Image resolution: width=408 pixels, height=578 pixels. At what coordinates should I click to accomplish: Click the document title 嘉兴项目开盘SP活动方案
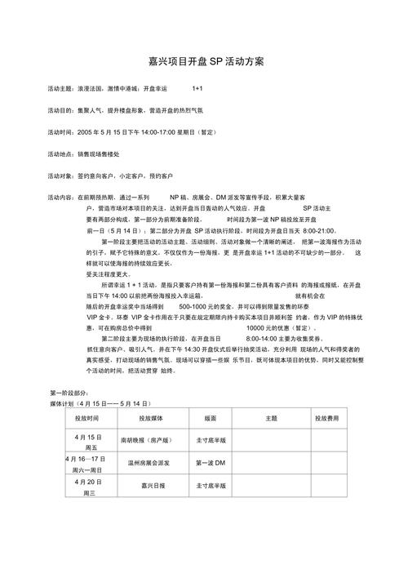pos(205,61)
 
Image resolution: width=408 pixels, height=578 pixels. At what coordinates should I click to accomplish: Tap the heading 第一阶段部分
pos(71,393)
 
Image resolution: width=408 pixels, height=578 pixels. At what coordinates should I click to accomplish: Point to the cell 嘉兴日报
pos(153,486)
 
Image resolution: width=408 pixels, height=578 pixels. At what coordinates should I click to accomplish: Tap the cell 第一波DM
pos(211,463)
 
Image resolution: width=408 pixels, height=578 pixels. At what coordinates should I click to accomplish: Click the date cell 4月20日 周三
pos(89,487)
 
